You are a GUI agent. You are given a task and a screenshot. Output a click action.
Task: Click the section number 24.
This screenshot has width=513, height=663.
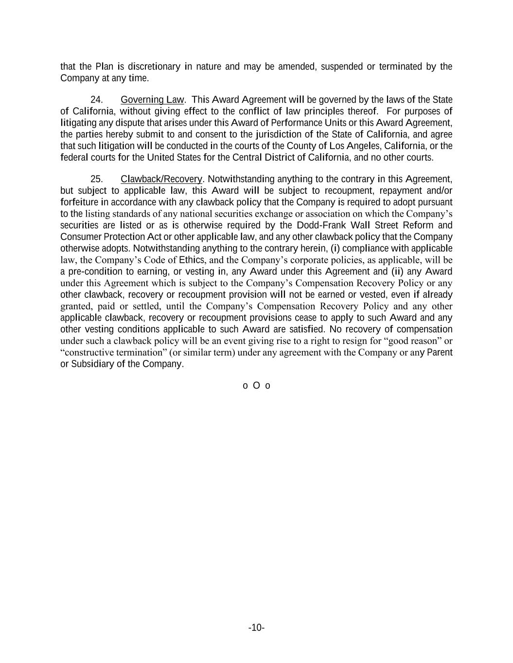click(96, 100)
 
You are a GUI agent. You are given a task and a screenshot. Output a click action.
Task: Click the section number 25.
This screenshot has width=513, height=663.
click(96, 179)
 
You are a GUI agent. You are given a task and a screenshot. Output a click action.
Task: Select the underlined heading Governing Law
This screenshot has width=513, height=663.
click(152, 100)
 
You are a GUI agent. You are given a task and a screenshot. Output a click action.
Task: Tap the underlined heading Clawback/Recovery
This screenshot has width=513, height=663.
click(161, 179)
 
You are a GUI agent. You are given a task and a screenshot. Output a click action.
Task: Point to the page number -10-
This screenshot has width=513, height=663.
click(256, 628)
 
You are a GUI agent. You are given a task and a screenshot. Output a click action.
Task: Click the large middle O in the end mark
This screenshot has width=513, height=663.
click(256, 386)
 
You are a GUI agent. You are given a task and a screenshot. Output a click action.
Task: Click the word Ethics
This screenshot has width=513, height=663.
click(192, 260)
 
